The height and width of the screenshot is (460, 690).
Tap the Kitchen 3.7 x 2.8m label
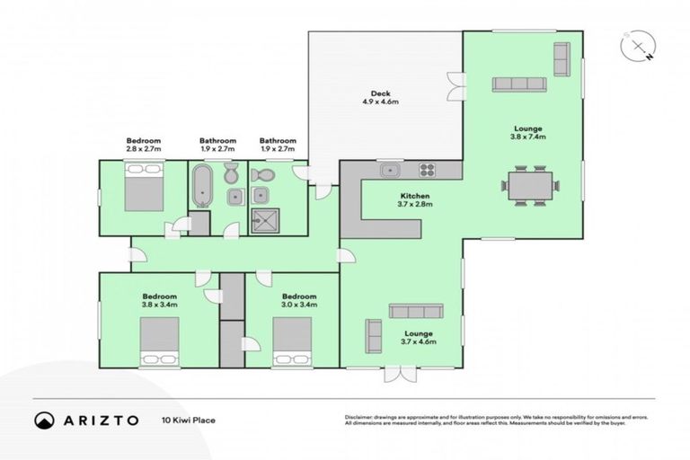point(415,200)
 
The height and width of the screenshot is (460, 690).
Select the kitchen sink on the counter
point(390,169)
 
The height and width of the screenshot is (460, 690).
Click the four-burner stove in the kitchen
point(427,169)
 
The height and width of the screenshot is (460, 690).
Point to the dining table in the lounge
point(531,186)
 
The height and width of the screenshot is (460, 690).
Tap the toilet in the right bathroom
point(263,174)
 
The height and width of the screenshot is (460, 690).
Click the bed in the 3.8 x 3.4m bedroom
point(159,341)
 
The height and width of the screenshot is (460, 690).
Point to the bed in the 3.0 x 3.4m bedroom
point(292,341)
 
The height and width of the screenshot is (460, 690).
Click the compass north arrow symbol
point(638,46)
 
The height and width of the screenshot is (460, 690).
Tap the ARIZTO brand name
point(101,420)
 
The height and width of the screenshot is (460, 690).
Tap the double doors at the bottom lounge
point(395,373)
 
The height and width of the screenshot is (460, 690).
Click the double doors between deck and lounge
point(457,85)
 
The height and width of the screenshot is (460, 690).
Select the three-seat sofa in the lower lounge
point(415,311)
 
